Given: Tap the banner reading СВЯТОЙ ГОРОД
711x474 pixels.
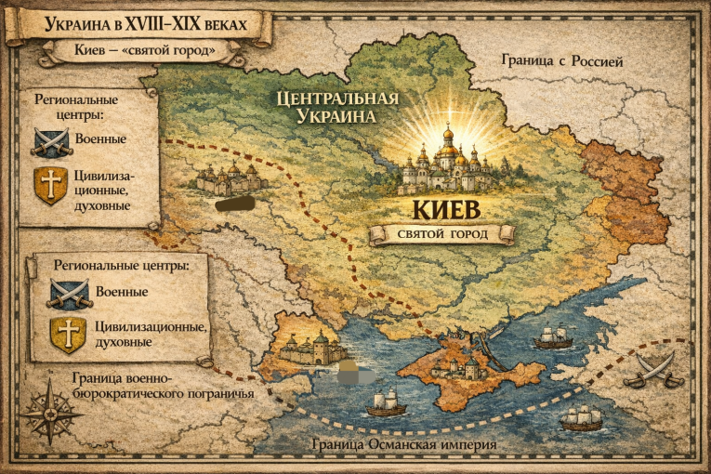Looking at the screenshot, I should pyautogui.click(x=442, y=234).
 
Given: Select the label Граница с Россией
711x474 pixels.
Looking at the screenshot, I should pyautogui.click(x=561, y=61).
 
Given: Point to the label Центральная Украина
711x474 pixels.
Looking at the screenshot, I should pyautogui.click(x=336, y=108).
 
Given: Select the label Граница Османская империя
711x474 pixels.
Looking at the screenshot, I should pyautogui.click(x=404, y=445).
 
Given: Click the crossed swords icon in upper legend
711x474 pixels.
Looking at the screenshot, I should pyautogui.click(x=51, y=141).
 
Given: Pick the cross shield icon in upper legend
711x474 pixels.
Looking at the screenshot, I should pyautogui.click(x=50, y=185).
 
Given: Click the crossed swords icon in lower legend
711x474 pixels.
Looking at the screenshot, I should pyautogui.click(x=69, y=292).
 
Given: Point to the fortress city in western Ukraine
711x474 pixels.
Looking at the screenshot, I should pyautogui.click(x=223, y=176).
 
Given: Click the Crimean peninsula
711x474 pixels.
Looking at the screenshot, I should pyautogui.click(x=465, y=372).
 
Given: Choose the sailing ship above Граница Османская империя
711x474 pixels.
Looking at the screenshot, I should pyautogui.click(x=387, y=402).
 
